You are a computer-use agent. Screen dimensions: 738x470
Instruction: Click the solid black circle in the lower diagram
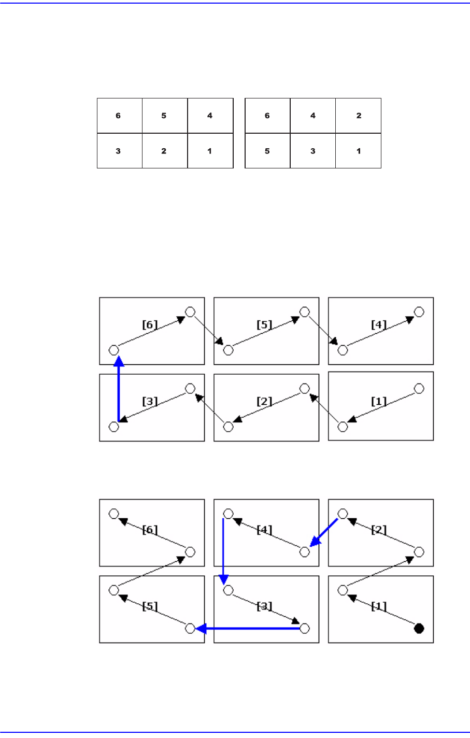click(419, 629)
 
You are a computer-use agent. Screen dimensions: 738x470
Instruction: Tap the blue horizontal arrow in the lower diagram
click(249, 629)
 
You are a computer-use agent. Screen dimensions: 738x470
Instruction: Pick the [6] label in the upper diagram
click(150, 325)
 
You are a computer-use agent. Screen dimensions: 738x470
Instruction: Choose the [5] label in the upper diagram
click(264, 325)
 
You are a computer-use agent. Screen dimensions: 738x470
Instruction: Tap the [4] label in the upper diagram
click(379, 325)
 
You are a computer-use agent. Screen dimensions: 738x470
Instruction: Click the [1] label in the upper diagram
click(379, 402)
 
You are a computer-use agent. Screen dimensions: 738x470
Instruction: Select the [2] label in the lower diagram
click(379, 529)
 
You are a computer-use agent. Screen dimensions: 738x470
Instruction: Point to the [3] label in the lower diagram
click(264, 606)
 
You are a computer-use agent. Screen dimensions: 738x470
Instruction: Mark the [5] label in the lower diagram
click(150, 606)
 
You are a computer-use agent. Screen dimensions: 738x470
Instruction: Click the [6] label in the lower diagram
click(150, 529)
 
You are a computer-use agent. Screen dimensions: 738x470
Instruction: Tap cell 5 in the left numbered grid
click(164, 116)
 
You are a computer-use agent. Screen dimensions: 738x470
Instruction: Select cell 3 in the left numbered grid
click(119, 151)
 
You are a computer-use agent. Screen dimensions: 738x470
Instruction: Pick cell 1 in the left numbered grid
click(210, 151)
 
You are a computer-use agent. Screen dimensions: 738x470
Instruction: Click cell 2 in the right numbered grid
click(359, 116)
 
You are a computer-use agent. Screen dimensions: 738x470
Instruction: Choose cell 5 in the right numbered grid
click(267, 151)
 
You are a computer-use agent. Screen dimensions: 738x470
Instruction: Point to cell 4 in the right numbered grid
click(313, 116)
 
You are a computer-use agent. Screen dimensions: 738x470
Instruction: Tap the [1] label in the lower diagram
click(379, 606)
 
